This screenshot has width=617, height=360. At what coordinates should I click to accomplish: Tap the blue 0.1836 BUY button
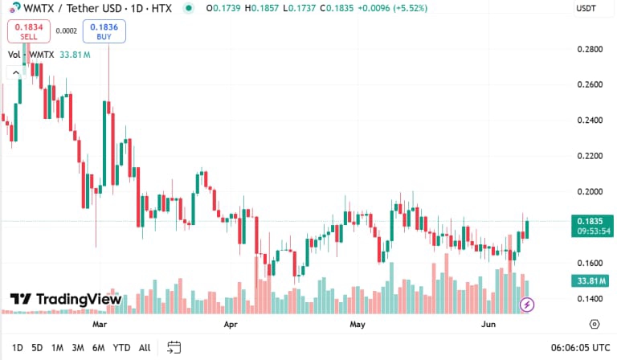(104, 31)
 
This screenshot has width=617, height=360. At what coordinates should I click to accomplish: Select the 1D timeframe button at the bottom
(17, 347)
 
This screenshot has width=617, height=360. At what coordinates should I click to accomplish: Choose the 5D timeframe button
(37, 347)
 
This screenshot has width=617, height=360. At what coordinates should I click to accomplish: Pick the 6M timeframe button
(98, 347)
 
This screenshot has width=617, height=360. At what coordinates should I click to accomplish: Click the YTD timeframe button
(121, 347)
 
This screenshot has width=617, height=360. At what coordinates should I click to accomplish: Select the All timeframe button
(145, 347)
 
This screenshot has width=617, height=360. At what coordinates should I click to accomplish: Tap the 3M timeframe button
(78, 347)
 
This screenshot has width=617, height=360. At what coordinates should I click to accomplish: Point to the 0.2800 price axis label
(590, 49)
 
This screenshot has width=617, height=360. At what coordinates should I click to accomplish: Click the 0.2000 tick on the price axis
(590, 191)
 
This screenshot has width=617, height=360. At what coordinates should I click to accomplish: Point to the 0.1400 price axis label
(590, 298)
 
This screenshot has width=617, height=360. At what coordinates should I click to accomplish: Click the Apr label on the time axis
(231, 325)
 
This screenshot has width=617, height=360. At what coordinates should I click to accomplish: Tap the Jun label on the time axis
(488, 325)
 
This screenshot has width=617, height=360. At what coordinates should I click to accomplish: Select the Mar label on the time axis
(100, 325)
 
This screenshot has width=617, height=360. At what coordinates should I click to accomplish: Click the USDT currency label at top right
(586, 8)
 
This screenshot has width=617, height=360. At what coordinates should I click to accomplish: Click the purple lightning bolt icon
(528, 305)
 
